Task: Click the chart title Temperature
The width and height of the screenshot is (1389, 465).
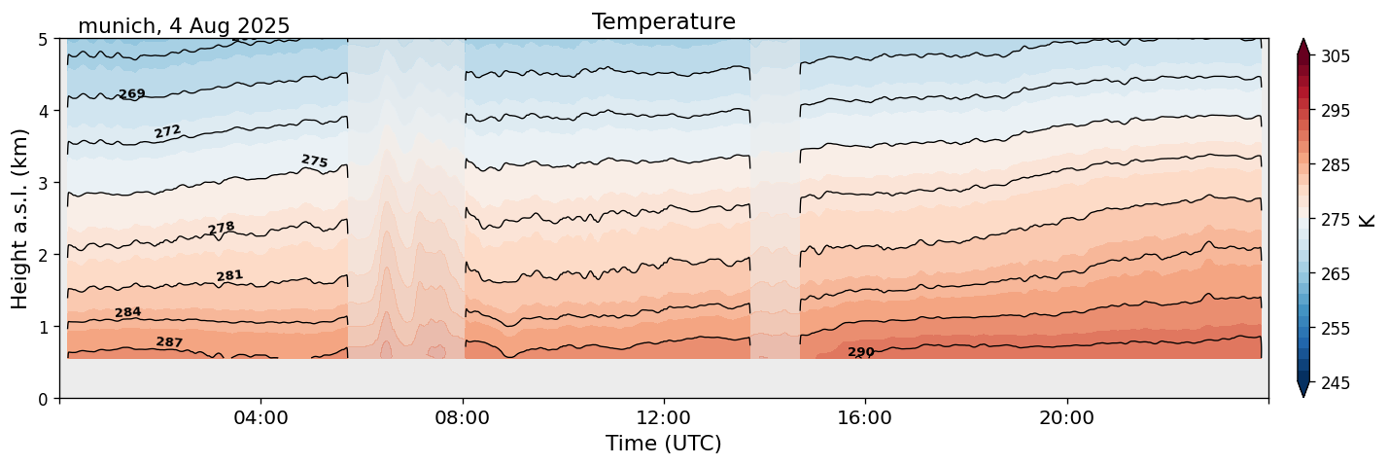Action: [663, 21]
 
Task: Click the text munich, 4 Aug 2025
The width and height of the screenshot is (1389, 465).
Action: [184, 26]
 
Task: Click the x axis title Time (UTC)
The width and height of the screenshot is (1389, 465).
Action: [663, 444]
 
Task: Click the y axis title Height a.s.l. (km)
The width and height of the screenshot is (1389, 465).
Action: [20, 218]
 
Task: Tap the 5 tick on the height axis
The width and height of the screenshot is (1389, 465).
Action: [44, 40]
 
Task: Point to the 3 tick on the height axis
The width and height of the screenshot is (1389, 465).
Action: [44, 183]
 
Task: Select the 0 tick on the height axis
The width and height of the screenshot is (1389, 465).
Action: [44, 399]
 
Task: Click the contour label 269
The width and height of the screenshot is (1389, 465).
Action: [131, 94]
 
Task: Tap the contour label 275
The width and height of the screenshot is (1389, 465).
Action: [314, 161]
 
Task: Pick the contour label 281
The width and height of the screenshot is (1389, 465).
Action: [229, 276]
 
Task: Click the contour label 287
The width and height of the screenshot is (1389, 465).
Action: [169, 342]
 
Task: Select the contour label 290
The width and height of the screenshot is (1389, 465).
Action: [860, 352]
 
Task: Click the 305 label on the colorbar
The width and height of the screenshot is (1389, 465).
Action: [1334, 56]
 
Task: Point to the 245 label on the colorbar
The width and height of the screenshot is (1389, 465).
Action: [1334, 383]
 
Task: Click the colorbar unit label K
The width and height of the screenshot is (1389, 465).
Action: [1368, 219]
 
